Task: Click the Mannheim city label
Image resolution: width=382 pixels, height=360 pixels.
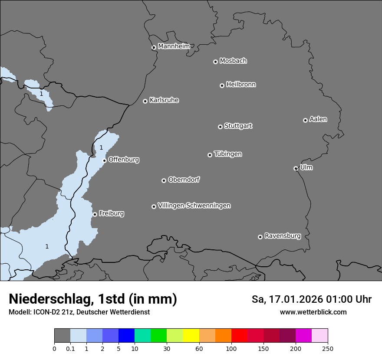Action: point(174,46)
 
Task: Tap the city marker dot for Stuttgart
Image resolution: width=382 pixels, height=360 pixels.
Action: point(220,127)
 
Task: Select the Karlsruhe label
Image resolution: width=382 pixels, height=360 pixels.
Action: point(164,100)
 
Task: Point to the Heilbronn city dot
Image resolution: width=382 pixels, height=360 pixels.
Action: point(222,85)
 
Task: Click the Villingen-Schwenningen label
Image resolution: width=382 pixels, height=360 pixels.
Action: point(194,206)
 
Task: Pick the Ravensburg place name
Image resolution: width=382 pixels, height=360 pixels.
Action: point(283,236)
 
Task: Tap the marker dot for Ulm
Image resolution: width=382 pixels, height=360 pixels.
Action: point(296,168)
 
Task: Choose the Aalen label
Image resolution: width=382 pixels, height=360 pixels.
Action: point(318,119)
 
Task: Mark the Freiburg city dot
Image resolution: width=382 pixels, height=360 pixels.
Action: point(95,214)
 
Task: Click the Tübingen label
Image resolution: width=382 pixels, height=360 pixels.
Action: point(228,154)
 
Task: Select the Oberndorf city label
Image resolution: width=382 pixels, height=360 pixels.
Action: point(184,180)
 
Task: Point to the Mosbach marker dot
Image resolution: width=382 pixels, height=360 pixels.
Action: point(215,62)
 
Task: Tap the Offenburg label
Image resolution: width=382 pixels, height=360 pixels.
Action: point(124,160)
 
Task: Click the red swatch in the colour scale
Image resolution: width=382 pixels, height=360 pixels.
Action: point(239,336)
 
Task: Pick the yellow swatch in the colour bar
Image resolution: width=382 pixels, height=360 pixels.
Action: point(191,336)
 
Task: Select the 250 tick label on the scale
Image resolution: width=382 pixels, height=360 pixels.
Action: point(328,348)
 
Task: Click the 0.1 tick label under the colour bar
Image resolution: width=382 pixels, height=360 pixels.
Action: point(70,348)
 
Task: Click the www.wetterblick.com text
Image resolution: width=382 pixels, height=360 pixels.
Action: point(313,312)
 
